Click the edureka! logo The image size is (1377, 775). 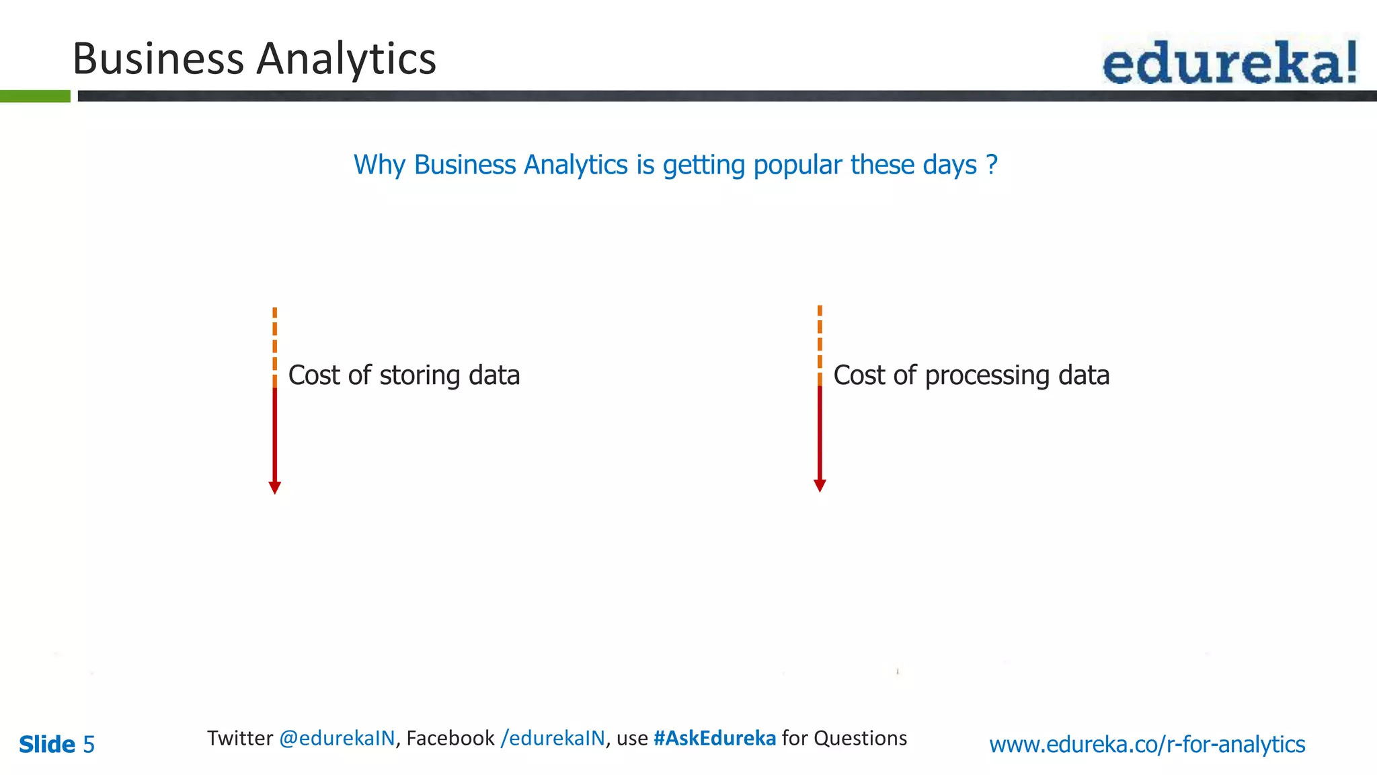pos(1229,62)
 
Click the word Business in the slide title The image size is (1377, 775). pos(158,59)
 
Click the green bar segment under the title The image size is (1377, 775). pos(35,96)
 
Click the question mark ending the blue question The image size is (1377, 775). pos(992,165)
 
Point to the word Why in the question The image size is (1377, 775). pos(379,165)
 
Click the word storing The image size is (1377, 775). pos(420,375)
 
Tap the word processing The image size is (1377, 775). pos(987,375)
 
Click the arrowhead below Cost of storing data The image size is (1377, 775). pos(274,488)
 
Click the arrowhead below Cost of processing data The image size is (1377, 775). pos(820,486)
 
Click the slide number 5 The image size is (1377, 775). pos(89,745)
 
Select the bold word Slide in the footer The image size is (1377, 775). pos(47,745)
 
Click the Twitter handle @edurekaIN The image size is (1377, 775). pos(337,738)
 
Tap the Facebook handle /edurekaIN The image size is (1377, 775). pos(553,738)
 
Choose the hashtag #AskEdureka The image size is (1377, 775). pos(715,738)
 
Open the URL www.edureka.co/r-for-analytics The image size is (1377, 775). pos(1147,745)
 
